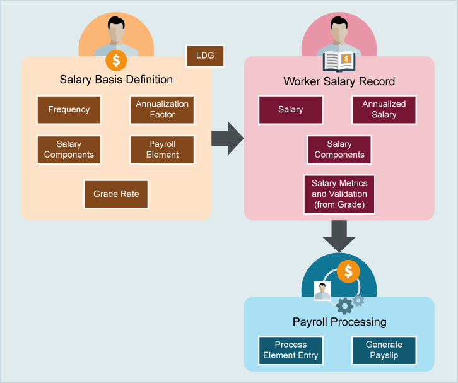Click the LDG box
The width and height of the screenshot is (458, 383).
pos(205,56)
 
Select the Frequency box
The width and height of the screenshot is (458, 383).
pos(69,110)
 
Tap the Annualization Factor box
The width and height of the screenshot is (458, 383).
pos(162,110)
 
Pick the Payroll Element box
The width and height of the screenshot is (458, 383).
pos(162,150)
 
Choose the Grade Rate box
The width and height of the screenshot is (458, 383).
pos(116,194)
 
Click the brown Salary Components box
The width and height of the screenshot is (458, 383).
pos(69,150)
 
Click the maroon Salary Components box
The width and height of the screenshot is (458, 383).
pos(339,150)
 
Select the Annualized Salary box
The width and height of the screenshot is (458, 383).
pos(384,110)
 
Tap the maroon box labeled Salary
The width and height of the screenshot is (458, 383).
pos(291,110)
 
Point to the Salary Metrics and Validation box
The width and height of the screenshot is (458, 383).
pos(339,194)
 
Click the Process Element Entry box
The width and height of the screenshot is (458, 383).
pos(291,350)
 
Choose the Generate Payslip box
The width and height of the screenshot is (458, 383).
pos(384,350)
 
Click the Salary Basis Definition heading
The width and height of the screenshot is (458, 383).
pos(116,80)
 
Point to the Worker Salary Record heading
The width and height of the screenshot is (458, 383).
pos(339,81)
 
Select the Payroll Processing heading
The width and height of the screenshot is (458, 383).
pos(339,322)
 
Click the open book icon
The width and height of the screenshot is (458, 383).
pos(339,61)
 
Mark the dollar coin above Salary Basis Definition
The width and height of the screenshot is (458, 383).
pos(116,61)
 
